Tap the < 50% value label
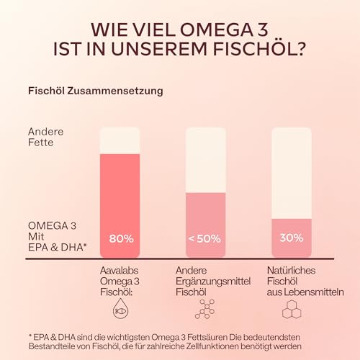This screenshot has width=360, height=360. click(205, 238)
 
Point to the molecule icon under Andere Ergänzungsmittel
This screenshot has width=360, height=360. click(205, 310)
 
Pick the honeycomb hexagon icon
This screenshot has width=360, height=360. click(291, 310)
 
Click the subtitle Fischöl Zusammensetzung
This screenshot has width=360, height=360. click(94, 91)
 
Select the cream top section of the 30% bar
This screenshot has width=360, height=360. click(291, 173)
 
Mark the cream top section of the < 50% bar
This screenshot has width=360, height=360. click(205, 160)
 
